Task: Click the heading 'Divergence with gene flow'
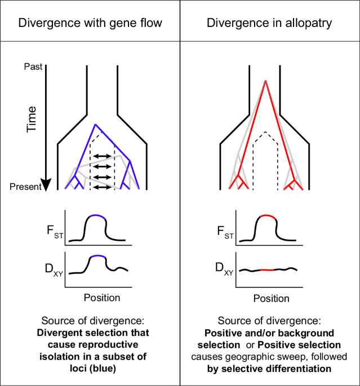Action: pyautogui.click(x=90, y=23)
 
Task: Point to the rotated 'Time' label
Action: pyautogui.click(x=32, y=119)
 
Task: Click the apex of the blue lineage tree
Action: pyautogui.click(x=95, y=123)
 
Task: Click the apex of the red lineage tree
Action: pyautogui.click(x=265, y=81)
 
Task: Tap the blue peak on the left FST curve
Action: pyautogui.click(x=96, y=215)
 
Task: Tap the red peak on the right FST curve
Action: pyautogui.click(x=265, y=216)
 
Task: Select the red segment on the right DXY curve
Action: pyautogui.click(x=266, y=270)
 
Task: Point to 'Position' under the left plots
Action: pyautogui.click(x=101, y=297)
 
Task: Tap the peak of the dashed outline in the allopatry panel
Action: pyautogui.click(x=265, y=132)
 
